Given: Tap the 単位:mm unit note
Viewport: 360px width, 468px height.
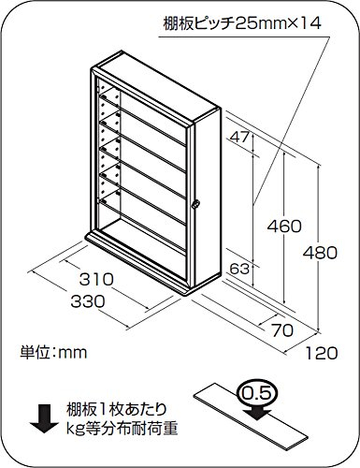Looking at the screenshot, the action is click(x=53, y=354).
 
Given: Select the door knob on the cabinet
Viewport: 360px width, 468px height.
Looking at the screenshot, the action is click(x=196, y=205).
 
